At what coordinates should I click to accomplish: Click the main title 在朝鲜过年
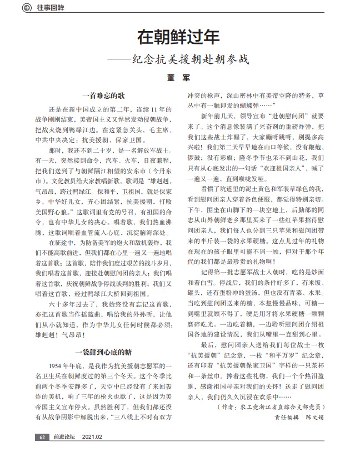(x=179, y=37)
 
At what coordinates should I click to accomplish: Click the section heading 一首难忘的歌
(x=103, y=96)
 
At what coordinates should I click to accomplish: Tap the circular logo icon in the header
(x=24, y=7)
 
